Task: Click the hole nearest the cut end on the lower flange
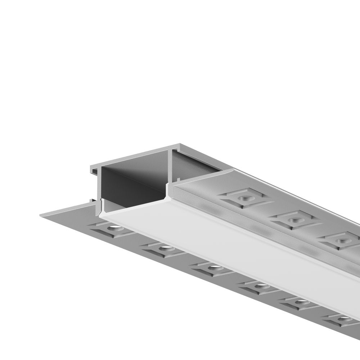[114, 228]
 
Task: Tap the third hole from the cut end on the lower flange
[214, 267]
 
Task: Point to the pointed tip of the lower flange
[41, 215]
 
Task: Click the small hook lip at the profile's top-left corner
[91, 168]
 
